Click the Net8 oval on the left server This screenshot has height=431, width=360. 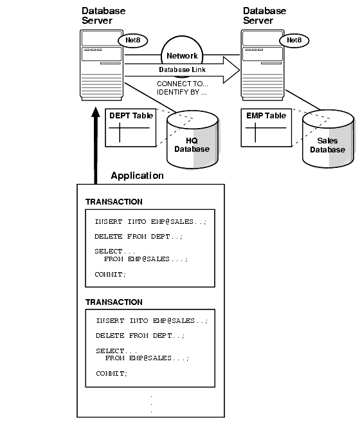(133, 41)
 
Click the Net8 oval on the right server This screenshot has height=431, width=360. (294, 41)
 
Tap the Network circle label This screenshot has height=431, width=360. (182, 56)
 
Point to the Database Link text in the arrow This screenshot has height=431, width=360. (182, 69)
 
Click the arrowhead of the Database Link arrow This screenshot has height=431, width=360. (232, 70)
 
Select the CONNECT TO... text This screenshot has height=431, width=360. (183, 84)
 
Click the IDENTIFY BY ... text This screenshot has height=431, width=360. (181, 92)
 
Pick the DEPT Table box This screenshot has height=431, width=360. (130, 127)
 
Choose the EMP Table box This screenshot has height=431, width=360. (266, 127)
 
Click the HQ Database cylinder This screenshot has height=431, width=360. (192, 140)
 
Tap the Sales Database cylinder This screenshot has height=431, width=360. (328, 139)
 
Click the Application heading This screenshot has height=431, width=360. (137, 176)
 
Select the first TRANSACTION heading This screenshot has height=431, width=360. (114, 202)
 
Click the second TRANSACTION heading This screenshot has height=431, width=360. (114, 302)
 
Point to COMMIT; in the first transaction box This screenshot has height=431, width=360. (111, 274)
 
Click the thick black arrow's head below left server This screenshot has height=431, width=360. (96, 113)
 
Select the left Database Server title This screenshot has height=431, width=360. (104, 15)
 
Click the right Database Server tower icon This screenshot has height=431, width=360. (262, 66)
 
